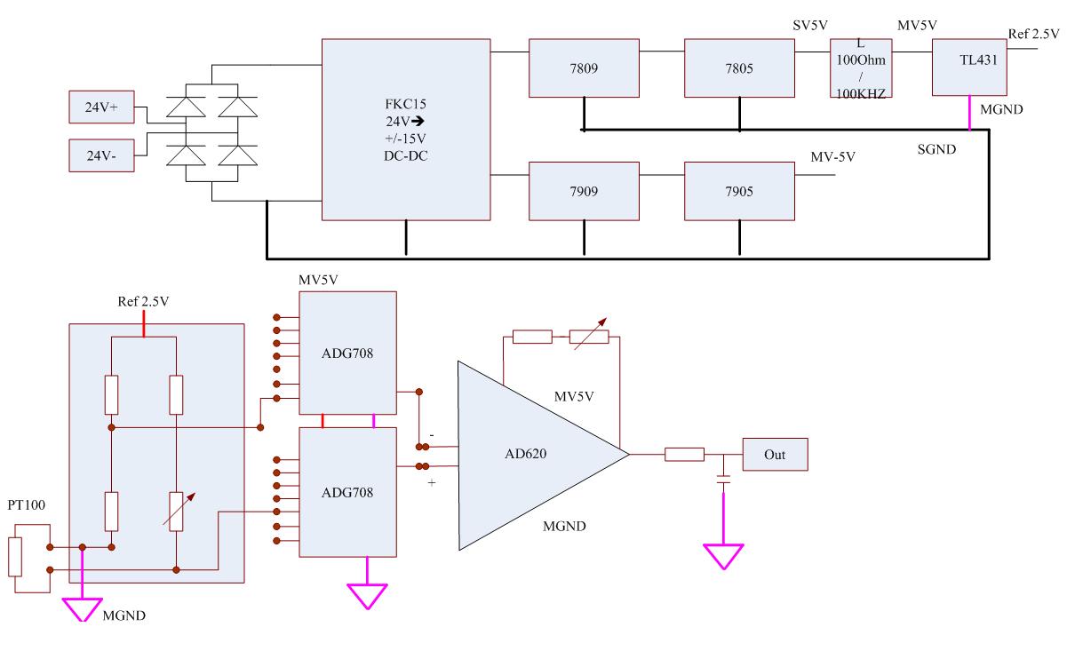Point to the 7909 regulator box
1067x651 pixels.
(584, 191)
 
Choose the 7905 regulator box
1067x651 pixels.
(739, 191)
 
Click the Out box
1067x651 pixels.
(774, 455)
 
